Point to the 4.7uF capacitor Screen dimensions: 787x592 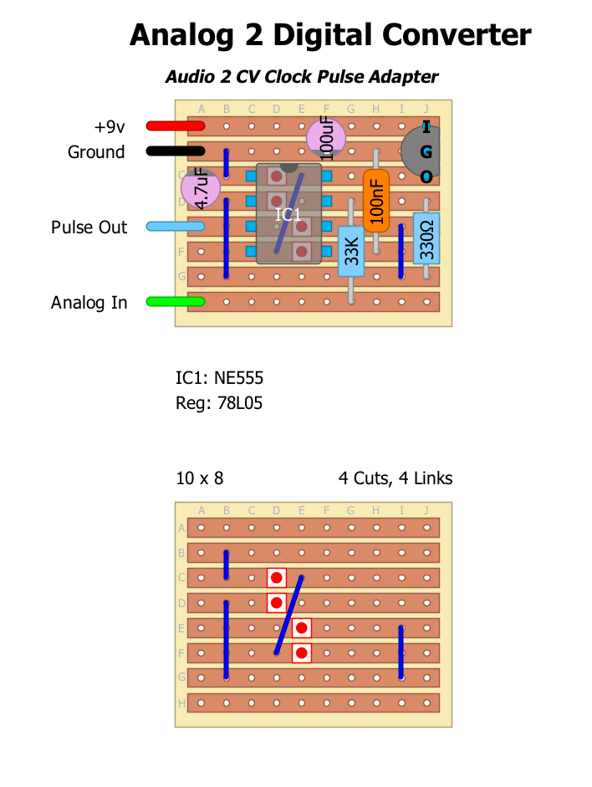[201, 189]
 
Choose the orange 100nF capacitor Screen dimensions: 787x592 [376, 202]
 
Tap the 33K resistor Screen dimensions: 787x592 [351, 250]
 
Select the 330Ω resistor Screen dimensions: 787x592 [426, 239]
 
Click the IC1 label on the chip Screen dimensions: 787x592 [288, 215]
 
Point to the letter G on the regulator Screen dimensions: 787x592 [426, 152]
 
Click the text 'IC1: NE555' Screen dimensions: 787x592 [219, 378]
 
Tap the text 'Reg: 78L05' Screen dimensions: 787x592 [219, 403]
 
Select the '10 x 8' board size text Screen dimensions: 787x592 [200, 478]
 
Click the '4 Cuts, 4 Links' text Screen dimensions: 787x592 [396, 478]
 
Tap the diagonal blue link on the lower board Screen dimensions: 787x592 [288, 615]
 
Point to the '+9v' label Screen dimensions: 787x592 [109, 127]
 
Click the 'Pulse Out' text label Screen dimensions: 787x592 [89, 227]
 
